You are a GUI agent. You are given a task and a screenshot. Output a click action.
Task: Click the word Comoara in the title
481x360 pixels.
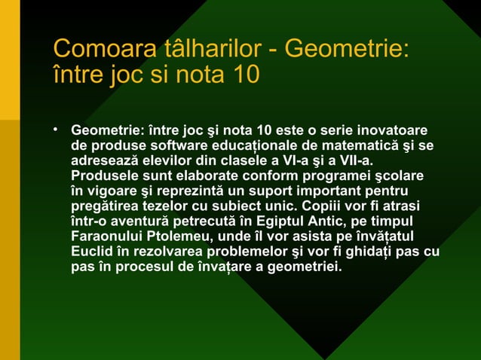93,50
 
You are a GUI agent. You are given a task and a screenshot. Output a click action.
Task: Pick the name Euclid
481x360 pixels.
91,251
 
